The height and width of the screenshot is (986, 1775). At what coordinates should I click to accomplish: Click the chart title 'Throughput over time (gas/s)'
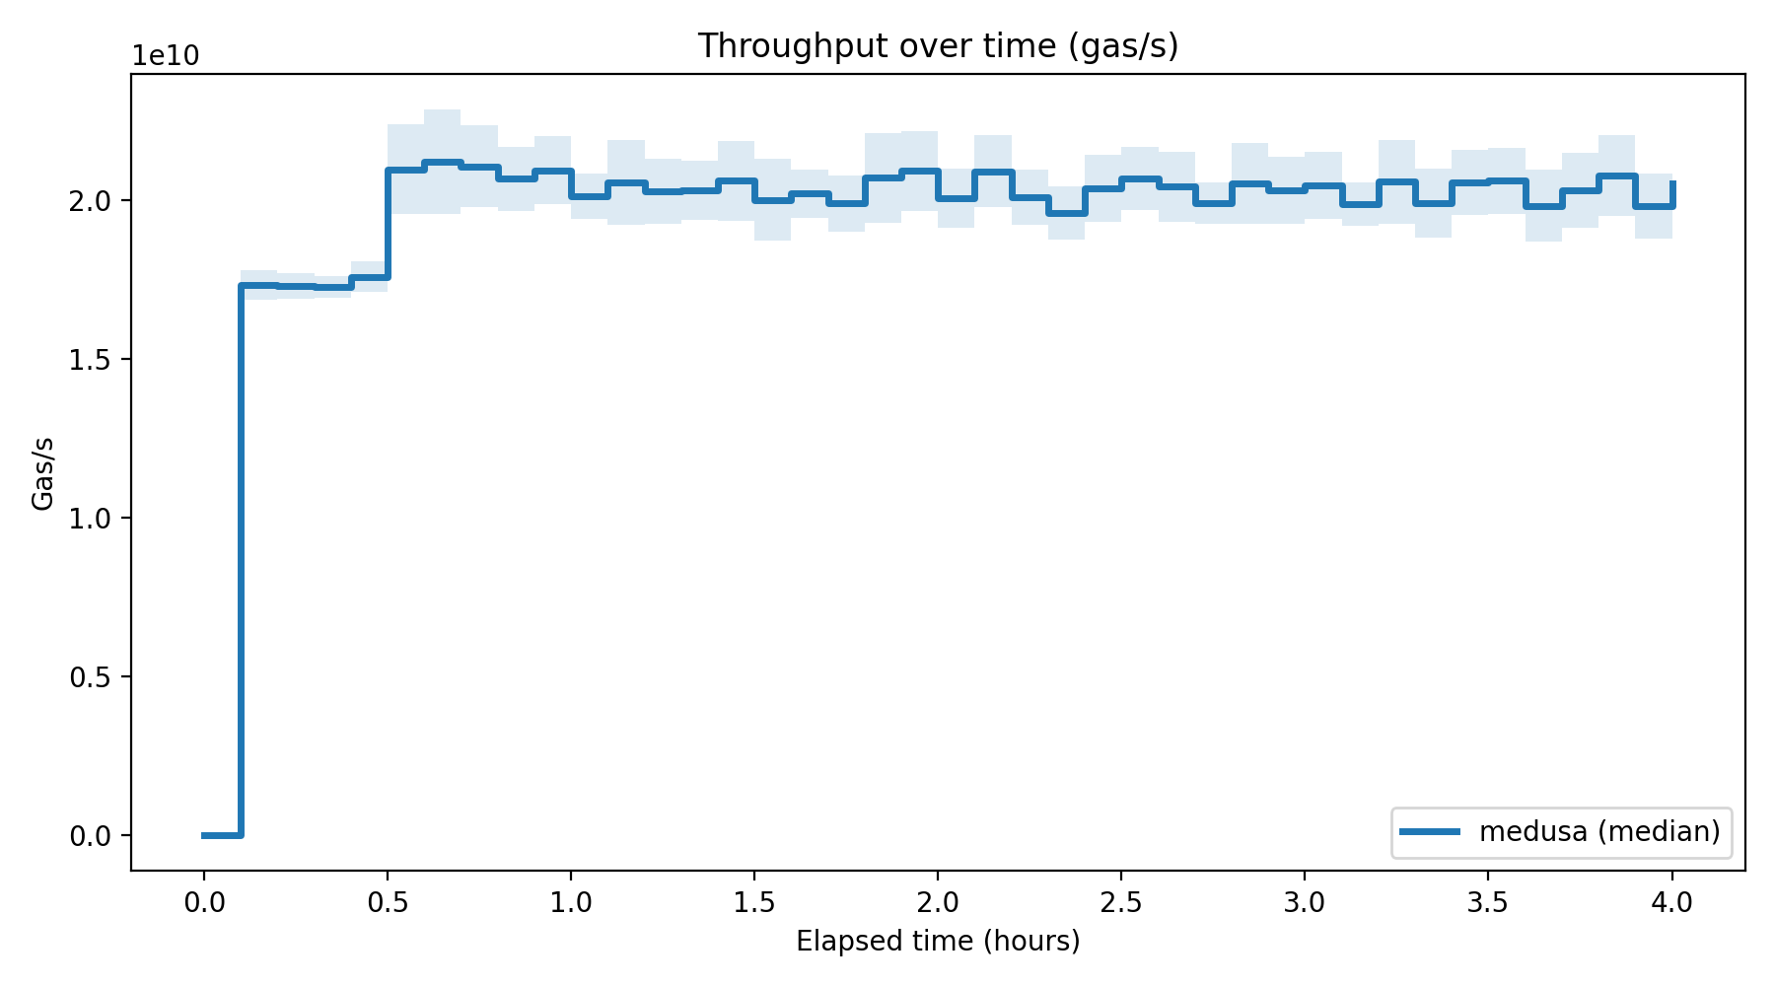click(938, 46)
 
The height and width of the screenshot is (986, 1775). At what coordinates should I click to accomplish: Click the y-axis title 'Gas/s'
click(42, 473)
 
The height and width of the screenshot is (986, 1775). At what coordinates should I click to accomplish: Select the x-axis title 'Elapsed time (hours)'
click(938, 942)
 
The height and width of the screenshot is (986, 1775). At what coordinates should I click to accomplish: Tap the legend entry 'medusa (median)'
click(1599, 831)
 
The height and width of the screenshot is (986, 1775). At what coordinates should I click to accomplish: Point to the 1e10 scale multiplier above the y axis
click(167, 57)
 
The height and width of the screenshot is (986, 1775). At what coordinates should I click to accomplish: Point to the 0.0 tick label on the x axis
click(204, 902)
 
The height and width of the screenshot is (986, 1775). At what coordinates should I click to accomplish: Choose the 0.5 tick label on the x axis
click(388, 902)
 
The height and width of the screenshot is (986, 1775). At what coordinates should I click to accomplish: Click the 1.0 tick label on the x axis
click(571, 902)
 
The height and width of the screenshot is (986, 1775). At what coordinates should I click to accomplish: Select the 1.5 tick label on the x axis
click(754, 902)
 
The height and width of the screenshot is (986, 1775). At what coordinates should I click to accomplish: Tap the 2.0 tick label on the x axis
click(938, 902)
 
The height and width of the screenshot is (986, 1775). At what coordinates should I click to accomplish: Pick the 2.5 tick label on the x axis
click(1121, 902)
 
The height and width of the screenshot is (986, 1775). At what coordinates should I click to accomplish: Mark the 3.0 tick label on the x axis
click(1305, 902)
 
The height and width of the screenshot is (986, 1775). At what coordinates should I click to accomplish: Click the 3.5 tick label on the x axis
click(1488, 902)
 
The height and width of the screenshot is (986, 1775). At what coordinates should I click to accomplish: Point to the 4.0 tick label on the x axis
click(1671, 902)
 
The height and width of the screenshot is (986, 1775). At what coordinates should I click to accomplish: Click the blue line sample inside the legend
click(1430, 831)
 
